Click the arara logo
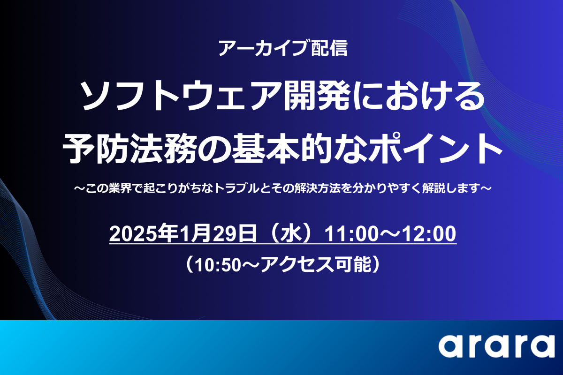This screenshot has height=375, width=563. pyautogui.click(x=497, y=345)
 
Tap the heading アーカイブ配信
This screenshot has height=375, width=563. pyautogui.click(x=283, y=48)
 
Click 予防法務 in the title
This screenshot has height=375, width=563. pyautogui.click(x=129, y=149)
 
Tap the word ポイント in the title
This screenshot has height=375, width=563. pyautogui.click(x=437, y=149)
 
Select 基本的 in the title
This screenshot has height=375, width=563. pyautogui.click(x=282, y=149)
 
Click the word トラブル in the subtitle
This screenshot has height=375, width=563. pyautogui.click(x=236, y=188)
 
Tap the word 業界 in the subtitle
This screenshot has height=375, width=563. pyautogui.click(x=120, y=188)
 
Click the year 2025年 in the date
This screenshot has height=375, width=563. pyautogui.click(x=143, y=233)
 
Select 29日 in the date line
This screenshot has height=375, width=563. pyautogui.click(x=235, y=233)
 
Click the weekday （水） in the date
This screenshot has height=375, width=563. pyautogui.click(x=290, y=233)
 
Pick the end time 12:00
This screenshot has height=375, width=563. pyautogui.click(x=429, y=234)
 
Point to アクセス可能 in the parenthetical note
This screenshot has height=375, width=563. pyautogui.click(x=316, y=265)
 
